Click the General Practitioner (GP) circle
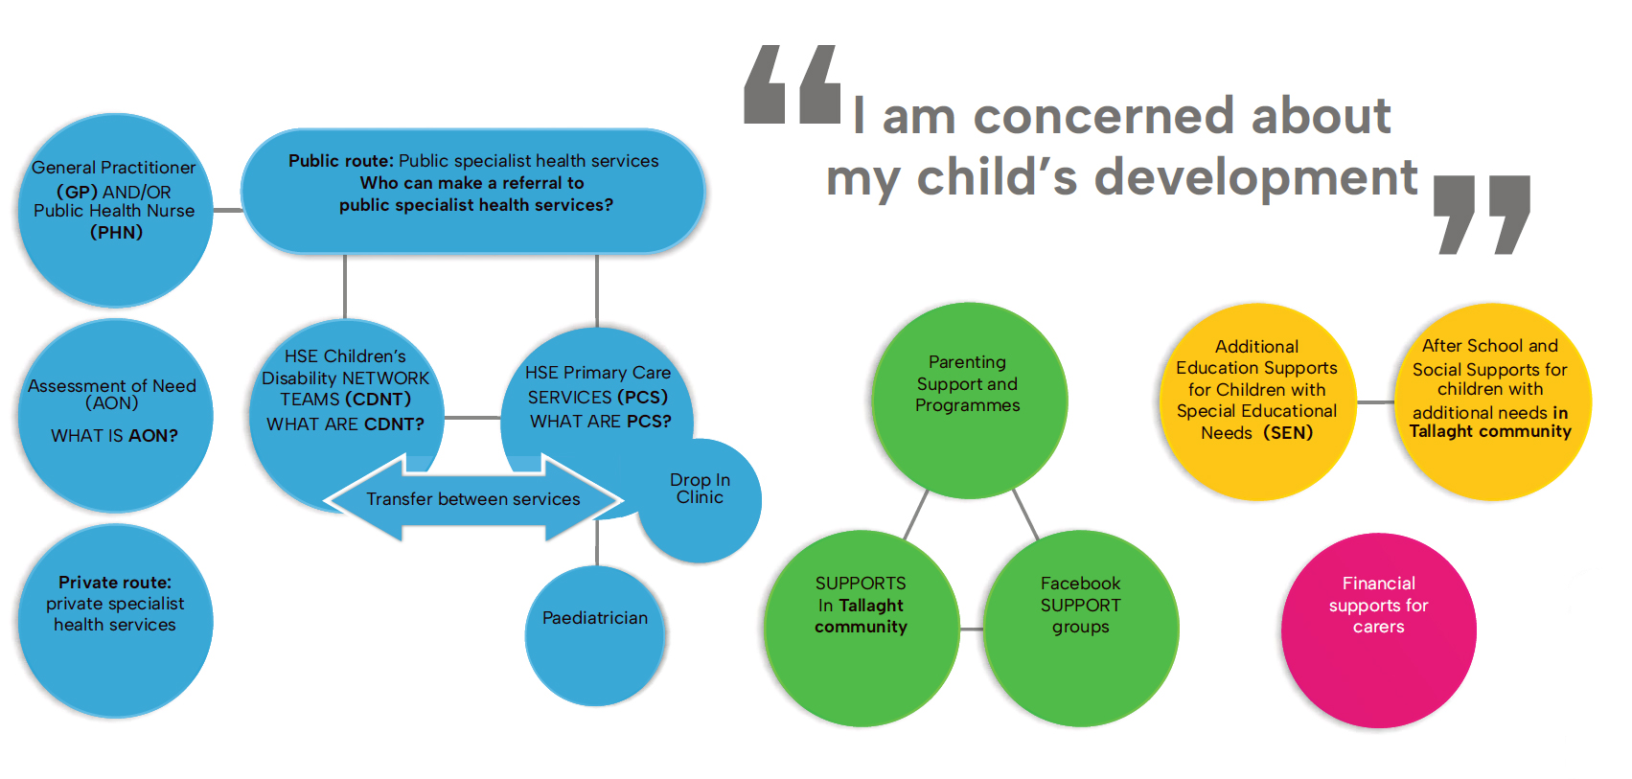tap(115, 210)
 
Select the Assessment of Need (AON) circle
tap(115, 415)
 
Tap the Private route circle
tap(115, 621)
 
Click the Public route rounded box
tap(472, 191)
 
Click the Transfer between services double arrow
tap(473, 499)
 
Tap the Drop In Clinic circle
tap(701, 500)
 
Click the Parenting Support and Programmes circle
tap(969, 401)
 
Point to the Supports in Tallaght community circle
tap(862, 629)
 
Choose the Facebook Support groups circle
tap(1081, 629)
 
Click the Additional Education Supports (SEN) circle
tap(1257, 401)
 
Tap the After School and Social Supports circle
tap(1492, 401)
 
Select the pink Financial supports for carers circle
tap(1378, 630)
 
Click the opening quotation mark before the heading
tap(793, 83)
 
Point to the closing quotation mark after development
tap(1482, 215)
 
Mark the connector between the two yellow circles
tap(1375, 402)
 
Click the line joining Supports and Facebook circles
tap(971, 629)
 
